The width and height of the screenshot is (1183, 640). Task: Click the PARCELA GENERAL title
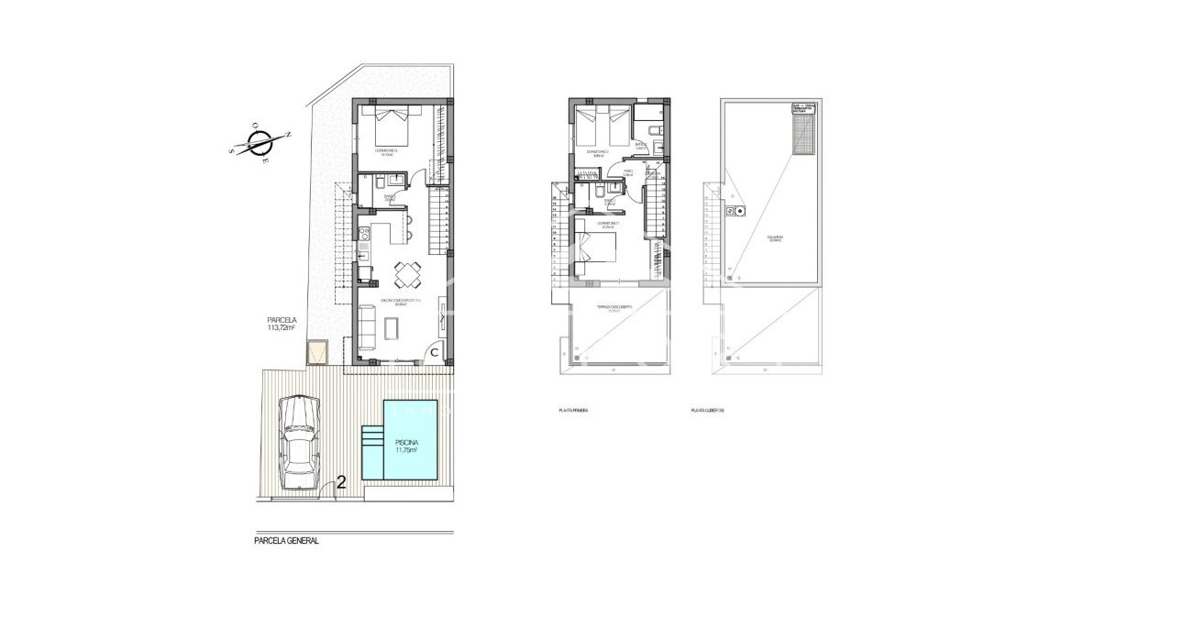click(286, 541)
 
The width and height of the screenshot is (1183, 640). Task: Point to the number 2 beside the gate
click(341, 481)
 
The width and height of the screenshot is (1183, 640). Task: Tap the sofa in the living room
click(366, 328)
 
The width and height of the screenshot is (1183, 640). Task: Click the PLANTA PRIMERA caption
click(572, 411)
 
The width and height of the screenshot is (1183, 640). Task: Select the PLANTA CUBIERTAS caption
click(708, 411)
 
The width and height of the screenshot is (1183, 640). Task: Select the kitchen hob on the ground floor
click(363, 233)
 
